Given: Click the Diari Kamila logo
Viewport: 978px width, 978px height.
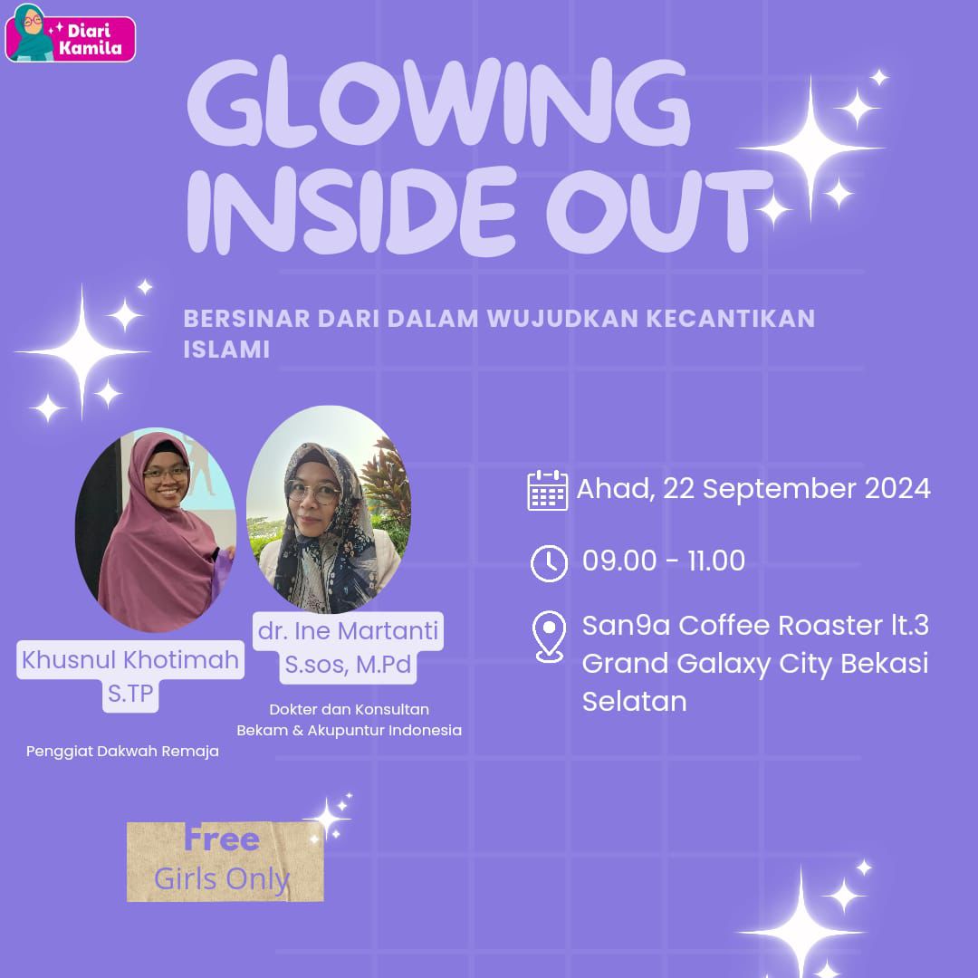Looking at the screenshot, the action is tap(70, 34).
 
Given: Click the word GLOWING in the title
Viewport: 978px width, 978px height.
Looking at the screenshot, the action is tap(438, 103).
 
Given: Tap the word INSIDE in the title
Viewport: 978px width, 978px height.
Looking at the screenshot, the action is tap(351, 211).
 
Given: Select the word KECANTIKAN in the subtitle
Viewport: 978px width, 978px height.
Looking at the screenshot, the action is tap(731, 318).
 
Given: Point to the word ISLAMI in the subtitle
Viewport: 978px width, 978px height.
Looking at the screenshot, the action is tap(226, 350).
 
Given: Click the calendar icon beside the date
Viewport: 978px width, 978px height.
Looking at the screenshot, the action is tap(547, 490).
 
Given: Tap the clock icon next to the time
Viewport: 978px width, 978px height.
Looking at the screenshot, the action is tap(549, 563).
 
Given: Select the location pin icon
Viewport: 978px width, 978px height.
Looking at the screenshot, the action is tap(550, 636).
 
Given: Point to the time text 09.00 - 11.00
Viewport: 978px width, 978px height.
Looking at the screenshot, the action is tap(664, 561).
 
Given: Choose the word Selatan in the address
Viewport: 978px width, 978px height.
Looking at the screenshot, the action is tap(634, 701).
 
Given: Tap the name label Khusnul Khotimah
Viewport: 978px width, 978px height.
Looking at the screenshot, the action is tap(130, 659).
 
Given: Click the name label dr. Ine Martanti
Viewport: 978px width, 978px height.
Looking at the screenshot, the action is tap(348, 630).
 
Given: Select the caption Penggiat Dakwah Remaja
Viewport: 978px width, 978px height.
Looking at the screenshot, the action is tap(122, 751).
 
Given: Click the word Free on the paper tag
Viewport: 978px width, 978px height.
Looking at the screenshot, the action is tap(222, 839).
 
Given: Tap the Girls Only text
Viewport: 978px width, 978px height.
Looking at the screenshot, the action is tap(222, 878).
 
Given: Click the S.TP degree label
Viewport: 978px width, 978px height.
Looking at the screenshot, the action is tap(130, 693).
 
